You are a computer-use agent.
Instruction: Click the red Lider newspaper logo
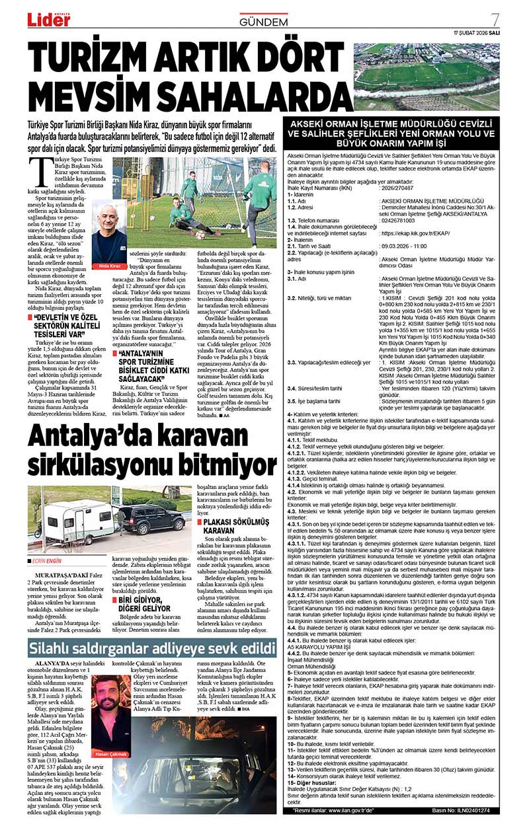click(48, 19)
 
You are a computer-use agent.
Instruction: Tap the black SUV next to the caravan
click(142, 519)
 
